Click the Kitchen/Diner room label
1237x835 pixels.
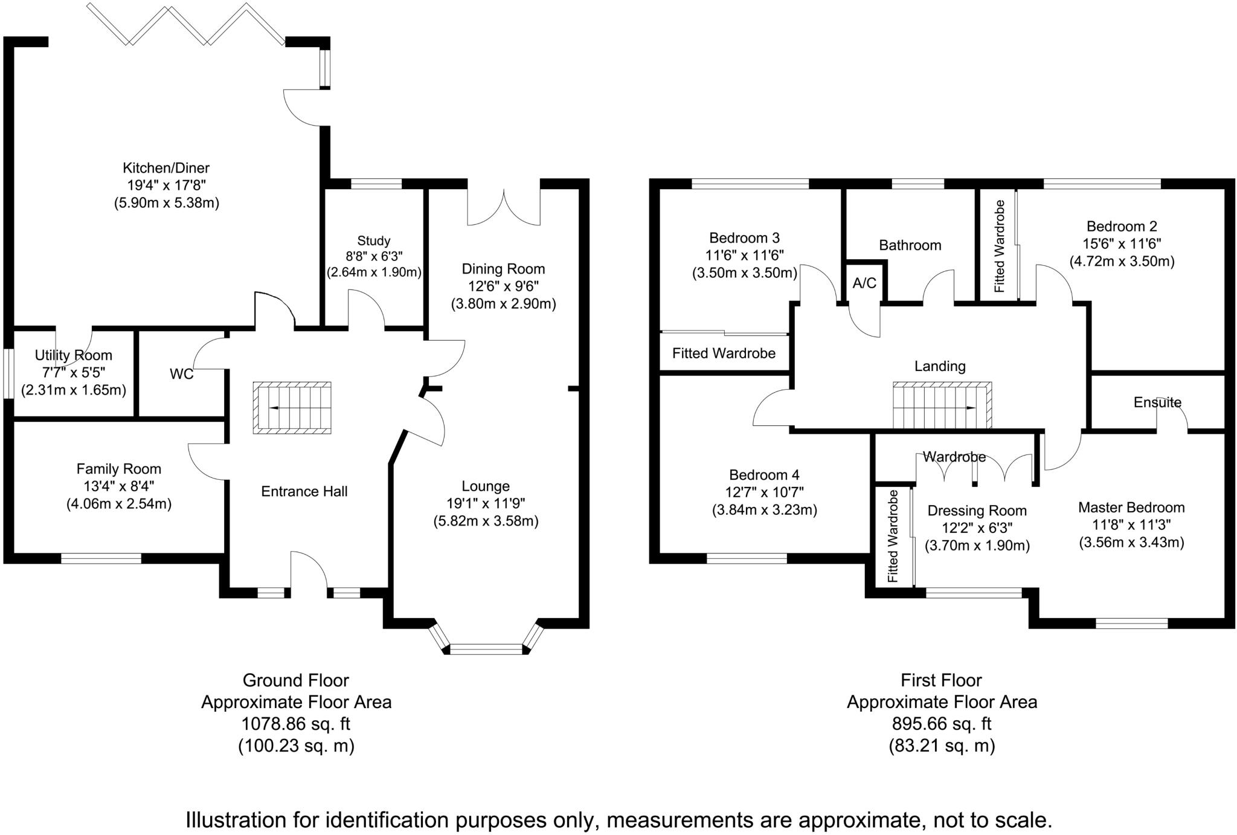(x=166, y=168)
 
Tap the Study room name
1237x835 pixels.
(x=374, y=241)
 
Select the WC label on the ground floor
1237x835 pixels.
(x=182, y=375)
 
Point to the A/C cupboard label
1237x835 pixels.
(x=864, y=283)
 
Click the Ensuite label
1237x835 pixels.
(x=1157, y=402)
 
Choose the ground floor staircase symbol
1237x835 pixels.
(x=292, y=408)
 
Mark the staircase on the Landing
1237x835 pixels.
(x=943, y=405)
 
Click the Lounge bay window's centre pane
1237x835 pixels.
(x=486, y=650)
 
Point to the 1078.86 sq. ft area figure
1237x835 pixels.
(x=296, y=724)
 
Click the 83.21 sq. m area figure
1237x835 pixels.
(x=942, y=746)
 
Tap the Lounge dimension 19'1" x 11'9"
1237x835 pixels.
(x=486, y=503)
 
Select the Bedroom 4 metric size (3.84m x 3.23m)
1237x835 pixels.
(x=765, y=510)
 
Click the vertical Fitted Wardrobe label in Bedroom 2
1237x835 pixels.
(x=1000, y=247)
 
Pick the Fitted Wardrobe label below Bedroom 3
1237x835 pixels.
(x=724, y=353)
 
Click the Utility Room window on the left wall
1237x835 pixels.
(x=8, y=373)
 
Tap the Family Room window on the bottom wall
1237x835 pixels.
(x=101, y=558)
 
